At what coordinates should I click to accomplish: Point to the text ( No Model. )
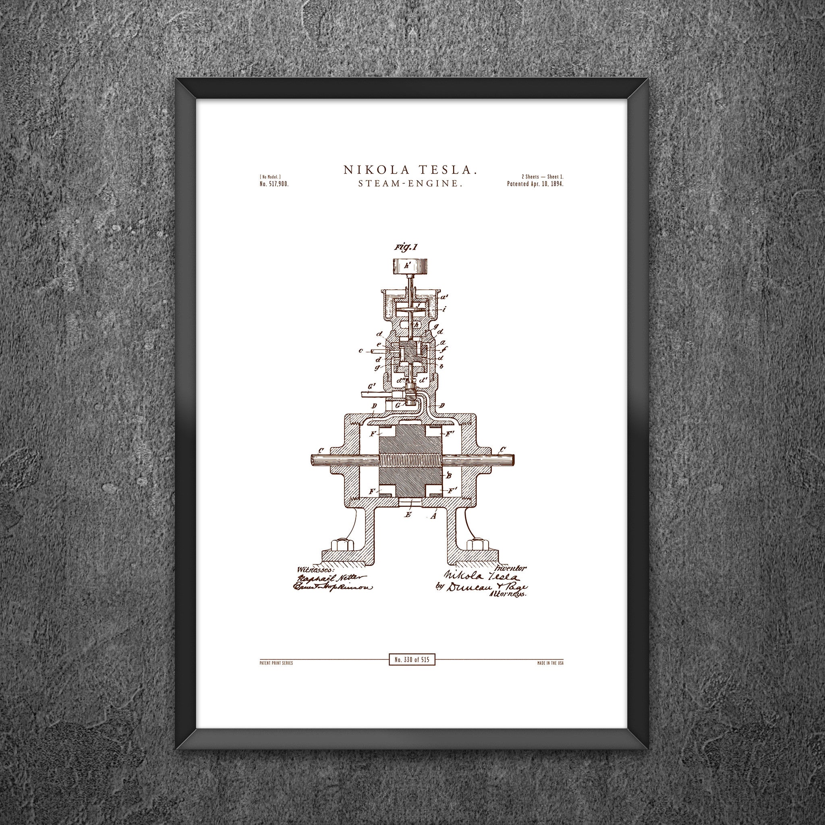click(270, 177)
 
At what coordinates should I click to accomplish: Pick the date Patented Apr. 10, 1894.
click(535, 184)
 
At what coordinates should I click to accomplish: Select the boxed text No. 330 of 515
click(412, 660)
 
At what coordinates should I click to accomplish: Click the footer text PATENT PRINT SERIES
click(276, 663)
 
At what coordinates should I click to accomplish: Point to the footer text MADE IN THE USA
click(550, 663)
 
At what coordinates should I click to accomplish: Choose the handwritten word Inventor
click(511, 568)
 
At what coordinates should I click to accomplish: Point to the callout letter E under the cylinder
click(408, 515)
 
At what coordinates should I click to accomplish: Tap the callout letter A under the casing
click(434, 516)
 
